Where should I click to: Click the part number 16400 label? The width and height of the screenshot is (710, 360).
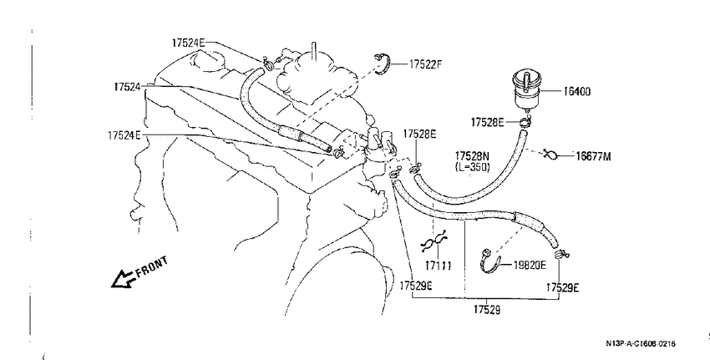pyautogui.click(x=577, y=92)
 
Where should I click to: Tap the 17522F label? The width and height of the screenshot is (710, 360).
pyautogui.click(x=425, y=64)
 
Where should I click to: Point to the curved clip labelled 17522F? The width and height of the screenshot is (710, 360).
pyautogui.click(x=383, y=63)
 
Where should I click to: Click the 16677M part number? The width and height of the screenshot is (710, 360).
pyautogui.click(x=593, y=156)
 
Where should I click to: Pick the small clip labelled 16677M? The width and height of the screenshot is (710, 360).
pyautogui.click(x=550, y=155)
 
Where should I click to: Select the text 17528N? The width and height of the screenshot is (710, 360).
pyautogui.click(x=472, y=156)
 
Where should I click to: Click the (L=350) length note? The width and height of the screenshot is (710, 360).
pyautogui.click(x=472, y=167)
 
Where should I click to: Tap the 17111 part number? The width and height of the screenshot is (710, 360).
pyautogui.click(x=438, y=266)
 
